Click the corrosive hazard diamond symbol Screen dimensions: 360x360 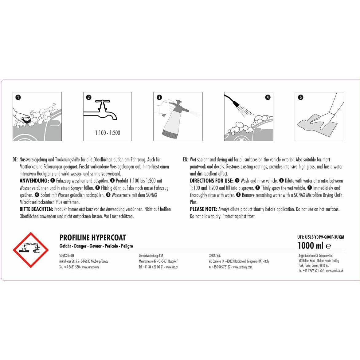click(31, 250)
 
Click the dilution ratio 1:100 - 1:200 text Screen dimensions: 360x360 click(108, 133)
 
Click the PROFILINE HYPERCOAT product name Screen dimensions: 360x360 click(92, 237)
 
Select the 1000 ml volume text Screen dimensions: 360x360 click(311, 245)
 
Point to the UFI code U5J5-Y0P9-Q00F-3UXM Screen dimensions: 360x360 click(321, 237)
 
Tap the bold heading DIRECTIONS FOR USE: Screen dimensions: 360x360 click(212, 181)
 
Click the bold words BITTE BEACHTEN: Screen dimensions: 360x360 click(36, 209)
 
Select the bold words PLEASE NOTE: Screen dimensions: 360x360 click(203, 209)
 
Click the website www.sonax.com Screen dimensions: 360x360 click(90, 267)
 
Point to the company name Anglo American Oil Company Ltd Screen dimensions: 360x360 click(315, 256)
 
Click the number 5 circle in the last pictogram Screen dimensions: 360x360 click(300, 97)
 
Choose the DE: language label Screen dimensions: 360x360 click(15, 159)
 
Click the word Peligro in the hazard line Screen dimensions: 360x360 click(127, 246)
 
